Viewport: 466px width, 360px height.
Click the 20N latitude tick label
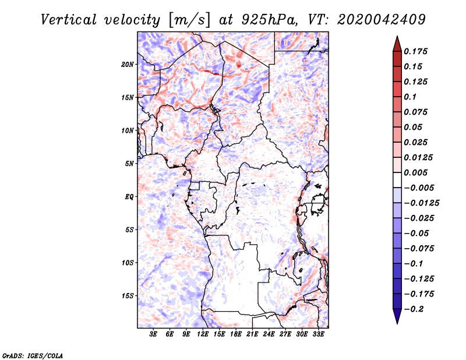[128, 65]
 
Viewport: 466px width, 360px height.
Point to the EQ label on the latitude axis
[129, 197]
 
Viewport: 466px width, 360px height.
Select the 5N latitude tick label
[129, 164]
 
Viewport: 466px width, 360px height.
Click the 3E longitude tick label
[153, 334]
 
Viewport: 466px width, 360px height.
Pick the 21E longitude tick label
[252, 334]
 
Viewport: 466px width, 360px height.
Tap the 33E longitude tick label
[318, 334]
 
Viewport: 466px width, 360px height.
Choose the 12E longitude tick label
[202, 334]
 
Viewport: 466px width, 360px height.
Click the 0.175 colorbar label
[416, 51]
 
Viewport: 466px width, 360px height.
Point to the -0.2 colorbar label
[414, 309]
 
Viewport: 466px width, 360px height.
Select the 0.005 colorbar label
[416, 172]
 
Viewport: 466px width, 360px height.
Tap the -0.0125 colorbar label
[421, 203]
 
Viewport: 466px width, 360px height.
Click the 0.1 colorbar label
[411, 97]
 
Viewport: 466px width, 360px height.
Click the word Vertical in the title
[69, 20]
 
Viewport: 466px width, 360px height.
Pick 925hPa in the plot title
[270, 20]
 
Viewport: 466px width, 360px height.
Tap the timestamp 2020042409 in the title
[382, 20]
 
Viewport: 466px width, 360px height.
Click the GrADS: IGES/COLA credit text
[33, 356]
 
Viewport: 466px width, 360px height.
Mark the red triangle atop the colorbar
[397, 44]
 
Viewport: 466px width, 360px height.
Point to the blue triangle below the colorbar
[397, 316]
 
